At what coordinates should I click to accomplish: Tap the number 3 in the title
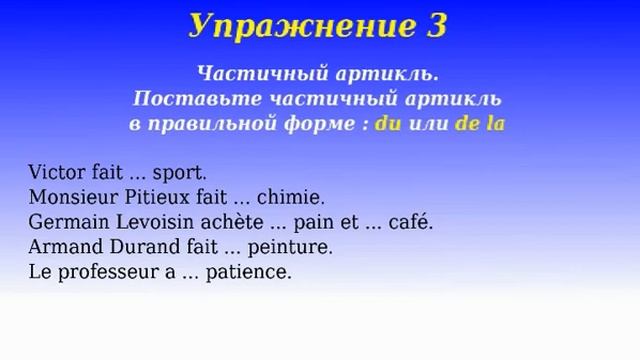click(x=435, y=25)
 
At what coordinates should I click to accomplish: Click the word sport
click(x=179, y=172)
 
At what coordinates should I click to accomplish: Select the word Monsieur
click(x=69, y=196)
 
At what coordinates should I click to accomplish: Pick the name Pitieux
click(x=150, y=196)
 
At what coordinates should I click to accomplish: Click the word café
click(x=411, y=221)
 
